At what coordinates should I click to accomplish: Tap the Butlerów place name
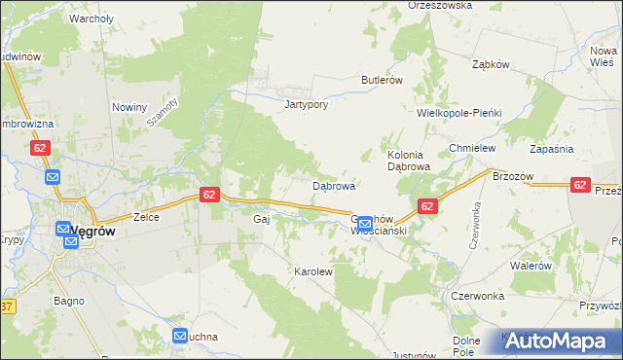point(382,80)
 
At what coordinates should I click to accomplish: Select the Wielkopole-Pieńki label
point(458,113)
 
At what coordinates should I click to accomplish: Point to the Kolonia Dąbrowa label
point(409,161)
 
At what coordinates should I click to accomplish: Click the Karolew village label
point(313,271)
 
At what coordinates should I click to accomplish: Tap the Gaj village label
point(261,219)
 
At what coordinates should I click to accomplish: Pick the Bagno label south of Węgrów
point(69,302)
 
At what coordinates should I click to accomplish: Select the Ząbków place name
point(491,65)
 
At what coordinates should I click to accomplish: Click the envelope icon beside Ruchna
point(180,337)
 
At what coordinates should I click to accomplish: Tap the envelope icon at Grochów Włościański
point(364,224)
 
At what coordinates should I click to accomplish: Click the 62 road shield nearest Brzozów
point(580,185)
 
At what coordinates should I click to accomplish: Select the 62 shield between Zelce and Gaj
point(210,195)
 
